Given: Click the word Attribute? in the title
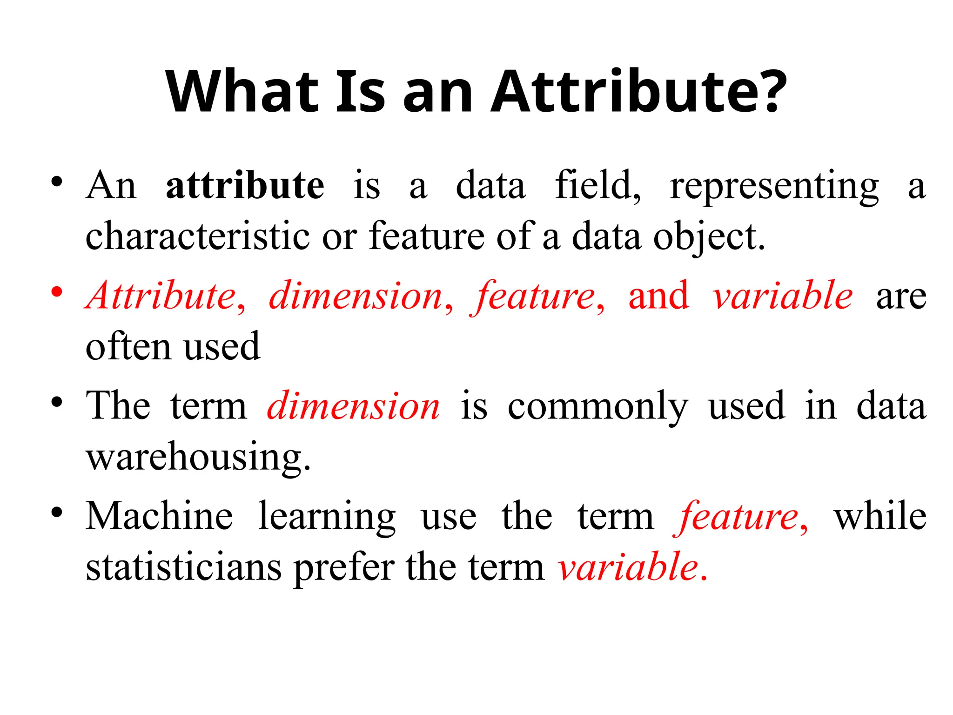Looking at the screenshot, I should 638,91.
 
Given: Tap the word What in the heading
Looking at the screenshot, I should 242,91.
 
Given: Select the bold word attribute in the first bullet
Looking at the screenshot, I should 245,185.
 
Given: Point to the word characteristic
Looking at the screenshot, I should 198,236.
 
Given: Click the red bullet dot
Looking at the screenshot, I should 57,292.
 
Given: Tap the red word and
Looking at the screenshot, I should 658,296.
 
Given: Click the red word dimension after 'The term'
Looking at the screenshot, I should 354,406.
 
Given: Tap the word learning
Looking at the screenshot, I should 327,517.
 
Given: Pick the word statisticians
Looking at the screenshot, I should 184,567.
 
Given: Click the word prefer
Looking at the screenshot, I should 345,568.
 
